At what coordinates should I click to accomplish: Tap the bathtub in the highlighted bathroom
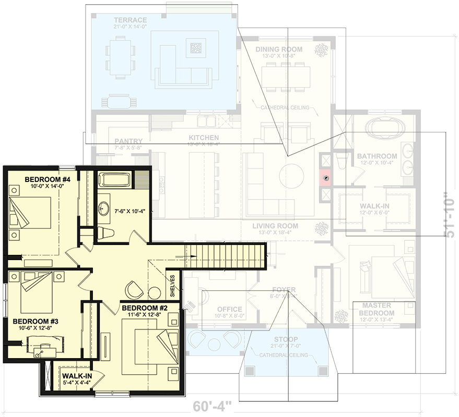[116, 180]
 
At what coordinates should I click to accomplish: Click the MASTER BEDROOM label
[377, 309]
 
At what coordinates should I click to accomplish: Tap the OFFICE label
[229, 309]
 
